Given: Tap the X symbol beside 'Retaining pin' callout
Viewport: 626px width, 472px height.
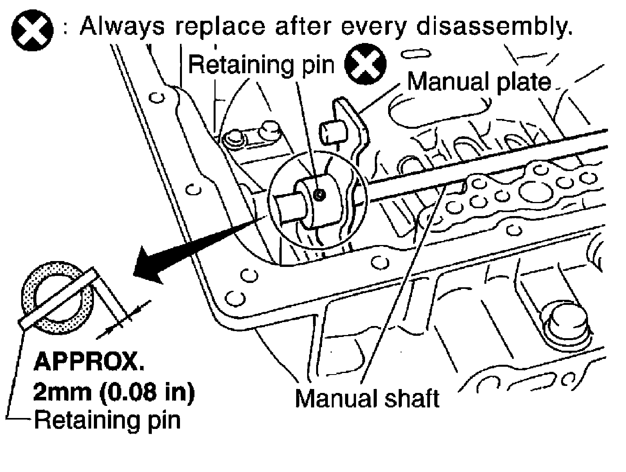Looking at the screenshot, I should (365, 64).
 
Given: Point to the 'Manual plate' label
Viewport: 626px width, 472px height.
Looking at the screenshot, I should (479, 82).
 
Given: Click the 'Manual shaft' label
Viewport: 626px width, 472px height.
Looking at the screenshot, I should (367, 398).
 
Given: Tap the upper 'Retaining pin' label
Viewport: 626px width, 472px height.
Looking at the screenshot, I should (261, 64).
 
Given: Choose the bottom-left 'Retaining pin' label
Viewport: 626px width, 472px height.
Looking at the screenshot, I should (108, 420).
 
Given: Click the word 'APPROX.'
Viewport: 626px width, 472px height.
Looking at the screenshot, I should (89, 363).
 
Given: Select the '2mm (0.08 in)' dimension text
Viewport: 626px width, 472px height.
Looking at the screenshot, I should (114, 392).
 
